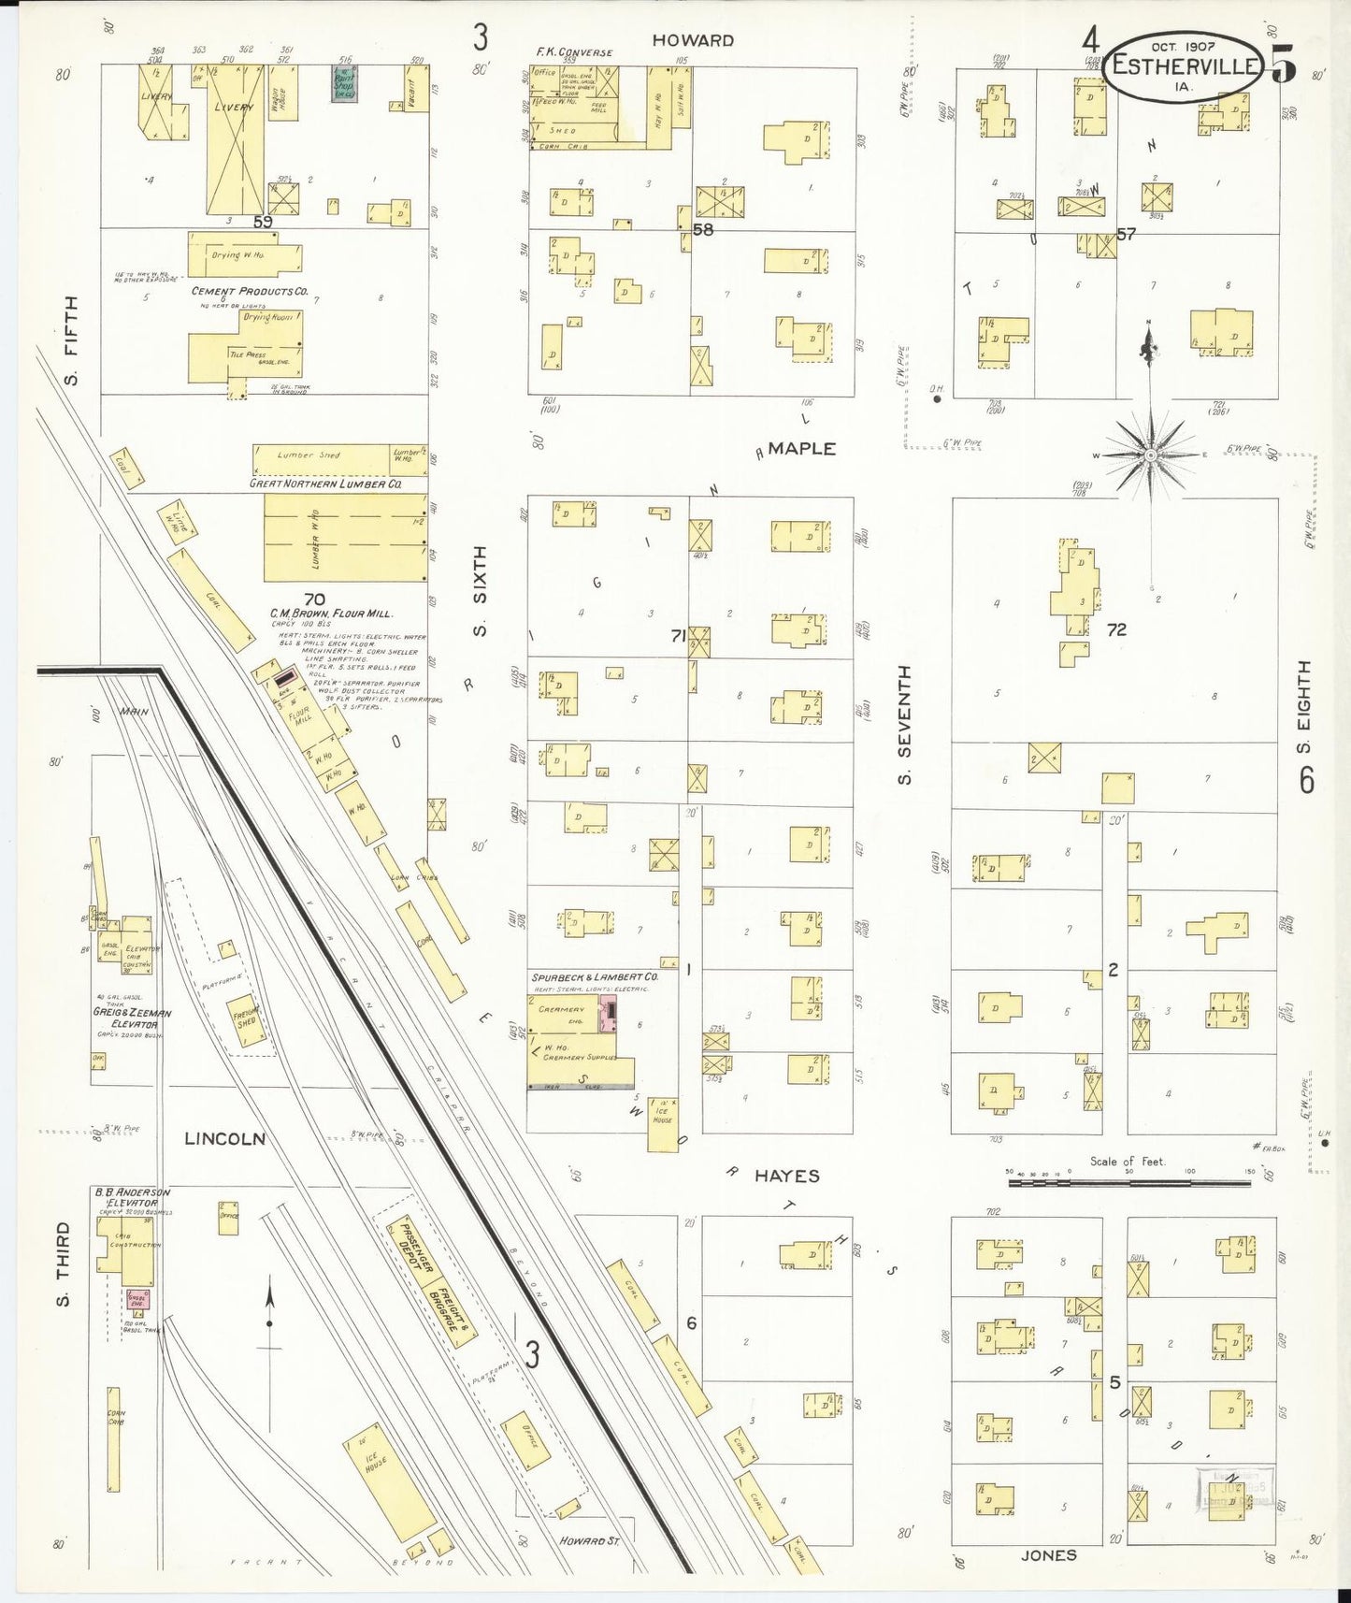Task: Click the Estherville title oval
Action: [1182, 66]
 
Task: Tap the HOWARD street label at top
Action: [693, 40]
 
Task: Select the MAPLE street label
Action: [801, 449]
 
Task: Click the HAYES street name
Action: [786, 1176]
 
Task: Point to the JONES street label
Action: [1048, 1554]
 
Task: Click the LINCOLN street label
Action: [224, 1138]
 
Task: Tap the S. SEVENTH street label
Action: [904, 724]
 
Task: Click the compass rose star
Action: [1152, 455]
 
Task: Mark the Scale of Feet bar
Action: [1128, 1183]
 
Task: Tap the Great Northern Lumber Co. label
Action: [325, 484]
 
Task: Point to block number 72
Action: [1116, 629]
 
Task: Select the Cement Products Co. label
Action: [250, 292]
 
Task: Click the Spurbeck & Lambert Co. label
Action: [595, 976]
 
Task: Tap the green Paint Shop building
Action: [344, 83]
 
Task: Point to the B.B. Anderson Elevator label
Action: [131, 1198]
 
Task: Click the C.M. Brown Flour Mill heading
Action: [331, 614]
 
